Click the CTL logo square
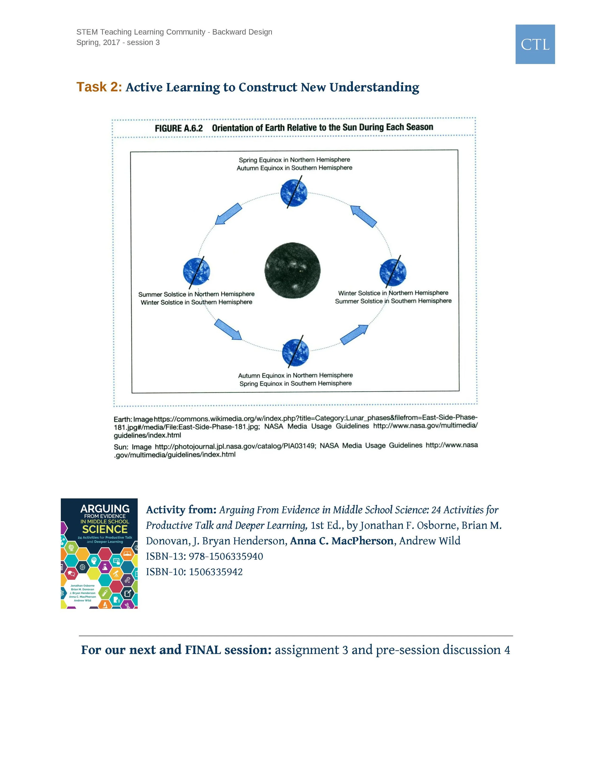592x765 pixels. point(535,44)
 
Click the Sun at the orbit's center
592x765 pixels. point(292,270)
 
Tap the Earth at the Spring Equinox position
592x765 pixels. point(294,193)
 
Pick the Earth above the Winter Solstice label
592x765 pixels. point(393,272)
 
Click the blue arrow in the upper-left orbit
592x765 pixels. point(228,214)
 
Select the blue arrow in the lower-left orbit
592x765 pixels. point(228,329)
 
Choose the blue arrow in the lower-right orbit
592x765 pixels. point(354,335)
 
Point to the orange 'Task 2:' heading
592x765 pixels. point(99,87)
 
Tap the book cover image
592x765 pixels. point(99,553)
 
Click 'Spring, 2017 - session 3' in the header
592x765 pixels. point(118,42)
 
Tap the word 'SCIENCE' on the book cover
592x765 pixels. point(104,529)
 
